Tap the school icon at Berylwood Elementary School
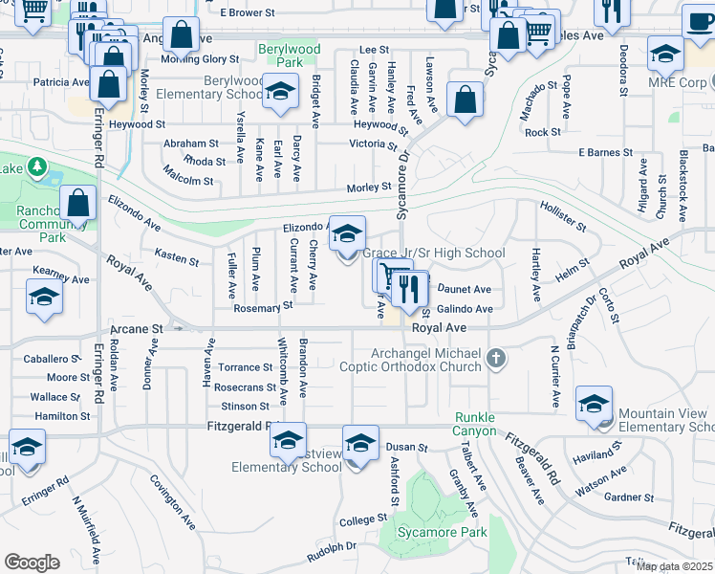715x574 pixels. pyautogui.click(x=279, y=92)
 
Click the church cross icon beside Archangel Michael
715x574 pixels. pyautogui.click(x=495, y=360)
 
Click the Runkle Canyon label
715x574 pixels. pyautogui.click(x=475, y=424)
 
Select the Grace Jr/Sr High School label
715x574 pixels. pyautogui.click(x=434, y=254)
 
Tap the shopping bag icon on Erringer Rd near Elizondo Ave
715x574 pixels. pyautogui.click(x=77, y=203)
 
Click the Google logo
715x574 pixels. pyautogui.click(x=32, y=562)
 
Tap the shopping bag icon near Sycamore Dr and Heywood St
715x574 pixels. pyautogui.click(x=465, y=100)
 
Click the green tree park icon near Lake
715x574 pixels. pyautogui.click(x=37, y=168)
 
